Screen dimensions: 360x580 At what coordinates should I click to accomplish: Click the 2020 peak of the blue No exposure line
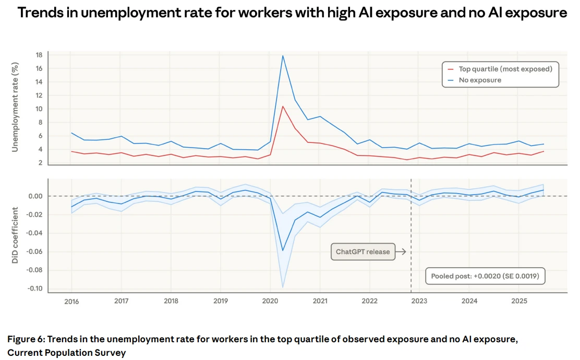coord(283,56)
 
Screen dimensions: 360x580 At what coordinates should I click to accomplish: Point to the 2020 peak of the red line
coord(283,106)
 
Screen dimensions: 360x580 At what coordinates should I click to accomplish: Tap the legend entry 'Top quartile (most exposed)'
coord(505,69)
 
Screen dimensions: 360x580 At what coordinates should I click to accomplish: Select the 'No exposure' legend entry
coord(480,80)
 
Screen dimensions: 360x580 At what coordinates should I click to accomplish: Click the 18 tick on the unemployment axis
coord(39,55)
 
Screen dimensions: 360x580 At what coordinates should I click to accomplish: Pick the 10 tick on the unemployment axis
coord(39,109)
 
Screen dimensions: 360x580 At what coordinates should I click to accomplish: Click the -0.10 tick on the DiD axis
coord(34,289)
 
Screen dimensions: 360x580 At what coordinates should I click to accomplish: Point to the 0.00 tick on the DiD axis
coord(35,196)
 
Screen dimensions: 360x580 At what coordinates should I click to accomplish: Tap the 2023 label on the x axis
coord(419,301)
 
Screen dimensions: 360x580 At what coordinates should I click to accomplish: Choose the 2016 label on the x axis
coord(71,301)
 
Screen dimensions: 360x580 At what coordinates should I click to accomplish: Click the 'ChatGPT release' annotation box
coord(362,251)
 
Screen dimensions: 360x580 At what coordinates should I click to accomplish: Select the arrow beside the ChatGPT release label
coord(401,251)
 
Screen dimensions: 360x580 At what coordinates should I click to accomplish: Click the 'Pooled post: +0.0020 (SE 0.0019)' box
coord(485,276)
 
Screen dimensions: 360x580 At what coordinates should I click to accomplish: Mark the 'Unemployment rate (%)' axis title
coord(15,107)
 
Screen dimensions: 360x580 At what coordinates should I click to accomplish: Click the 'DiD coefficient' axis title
coord(15,235)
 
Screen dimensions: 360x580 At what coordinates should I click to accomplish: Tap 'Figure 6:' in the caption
coord(27,340)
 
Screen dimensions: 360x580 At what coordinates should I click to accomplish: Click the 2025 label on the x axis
coord(519,301)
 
